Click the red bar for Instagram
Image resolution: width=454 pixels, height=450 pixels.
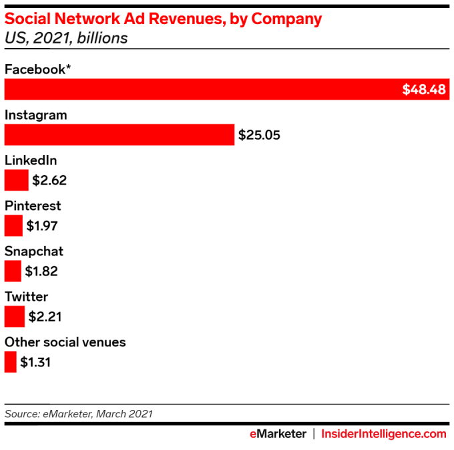120,134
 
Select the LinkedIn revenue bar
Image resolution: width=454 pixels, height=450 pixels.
16,180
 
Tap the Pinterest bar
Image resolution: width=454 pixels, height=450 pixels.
13,225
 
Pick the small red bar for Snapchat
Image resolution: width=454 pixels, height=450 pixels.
13,271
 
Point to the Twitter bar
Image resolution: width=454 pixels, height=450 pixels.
14,316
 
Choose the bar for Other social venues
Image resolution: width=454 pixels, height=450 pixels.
10,362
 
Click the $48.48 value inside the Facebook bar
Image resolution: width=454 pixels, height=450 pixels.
423,90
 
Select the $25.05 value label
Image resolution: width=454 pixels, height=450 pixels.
259,135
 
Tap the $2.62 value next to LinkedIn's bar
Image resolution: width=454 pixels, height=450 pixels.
49,181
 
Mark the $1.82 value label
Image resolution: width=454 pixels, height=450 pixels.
42,271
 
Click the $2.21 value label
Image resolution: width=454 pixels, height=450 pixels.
45,317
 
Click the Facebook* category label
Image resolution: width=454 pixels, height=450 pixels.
38,69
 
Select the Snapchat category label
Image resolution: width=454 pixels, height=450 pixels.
34,252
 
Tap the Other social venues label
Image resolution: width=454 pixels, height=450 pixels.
65,342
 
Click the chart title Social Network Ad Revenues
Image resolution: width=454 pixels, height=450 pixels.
163,19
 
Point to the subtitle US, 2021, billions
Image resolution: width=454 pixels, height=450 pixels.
66,37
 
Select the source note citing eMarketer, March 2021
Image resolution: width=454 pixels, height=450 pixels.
79,414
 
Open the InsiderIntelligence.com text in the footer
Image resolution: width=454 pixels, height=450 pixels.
384,434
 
